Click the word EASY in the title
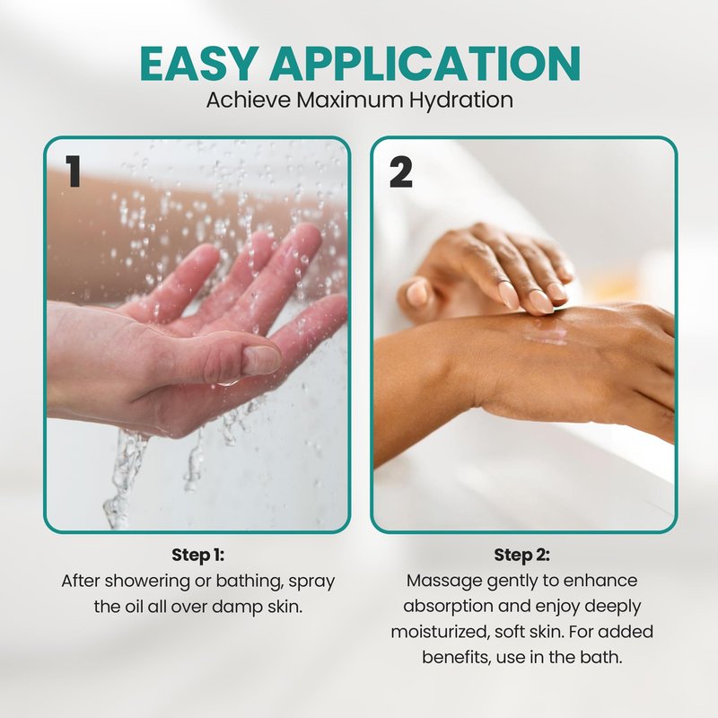click(197, 63)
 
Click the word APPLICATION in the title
click(425, 63)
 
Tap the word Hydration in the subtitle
click(460, 101)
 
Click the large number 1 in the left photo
click(73, 171)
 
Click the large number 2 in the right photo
click(400, 172)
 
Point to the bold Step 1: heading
click(197, 555)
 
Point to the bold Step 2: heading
click(521, 555)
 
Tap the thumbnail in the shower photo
click(260, 359)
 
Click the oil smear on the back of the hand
click(545, 331)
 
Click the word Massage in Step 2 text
click(444, 582)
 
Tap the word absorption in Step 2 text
click(448, 607)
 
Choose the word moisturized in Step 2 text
click(440, 633)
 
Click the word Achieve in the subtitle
click(249, 100)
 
